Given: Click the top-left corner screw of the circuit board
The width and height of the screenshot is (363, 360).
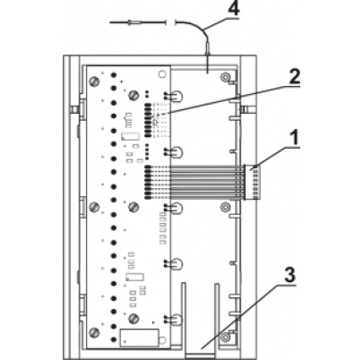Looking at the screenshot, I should pos(94,83).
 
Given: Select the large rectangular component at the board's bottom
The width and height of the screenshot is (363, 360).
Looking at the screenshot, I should pos(136,339).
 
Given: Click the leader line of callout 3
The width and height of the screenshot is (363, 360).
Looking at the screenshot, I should pos(242,313).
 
